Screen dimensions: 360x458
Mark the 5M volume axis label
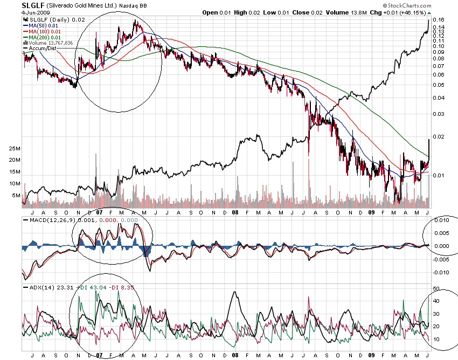tap(16, 195)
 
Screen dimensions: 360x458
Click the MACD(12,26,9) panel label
tap(46, 220)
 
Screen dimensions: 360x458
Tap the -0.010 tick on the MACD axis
tap(442, 273)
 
